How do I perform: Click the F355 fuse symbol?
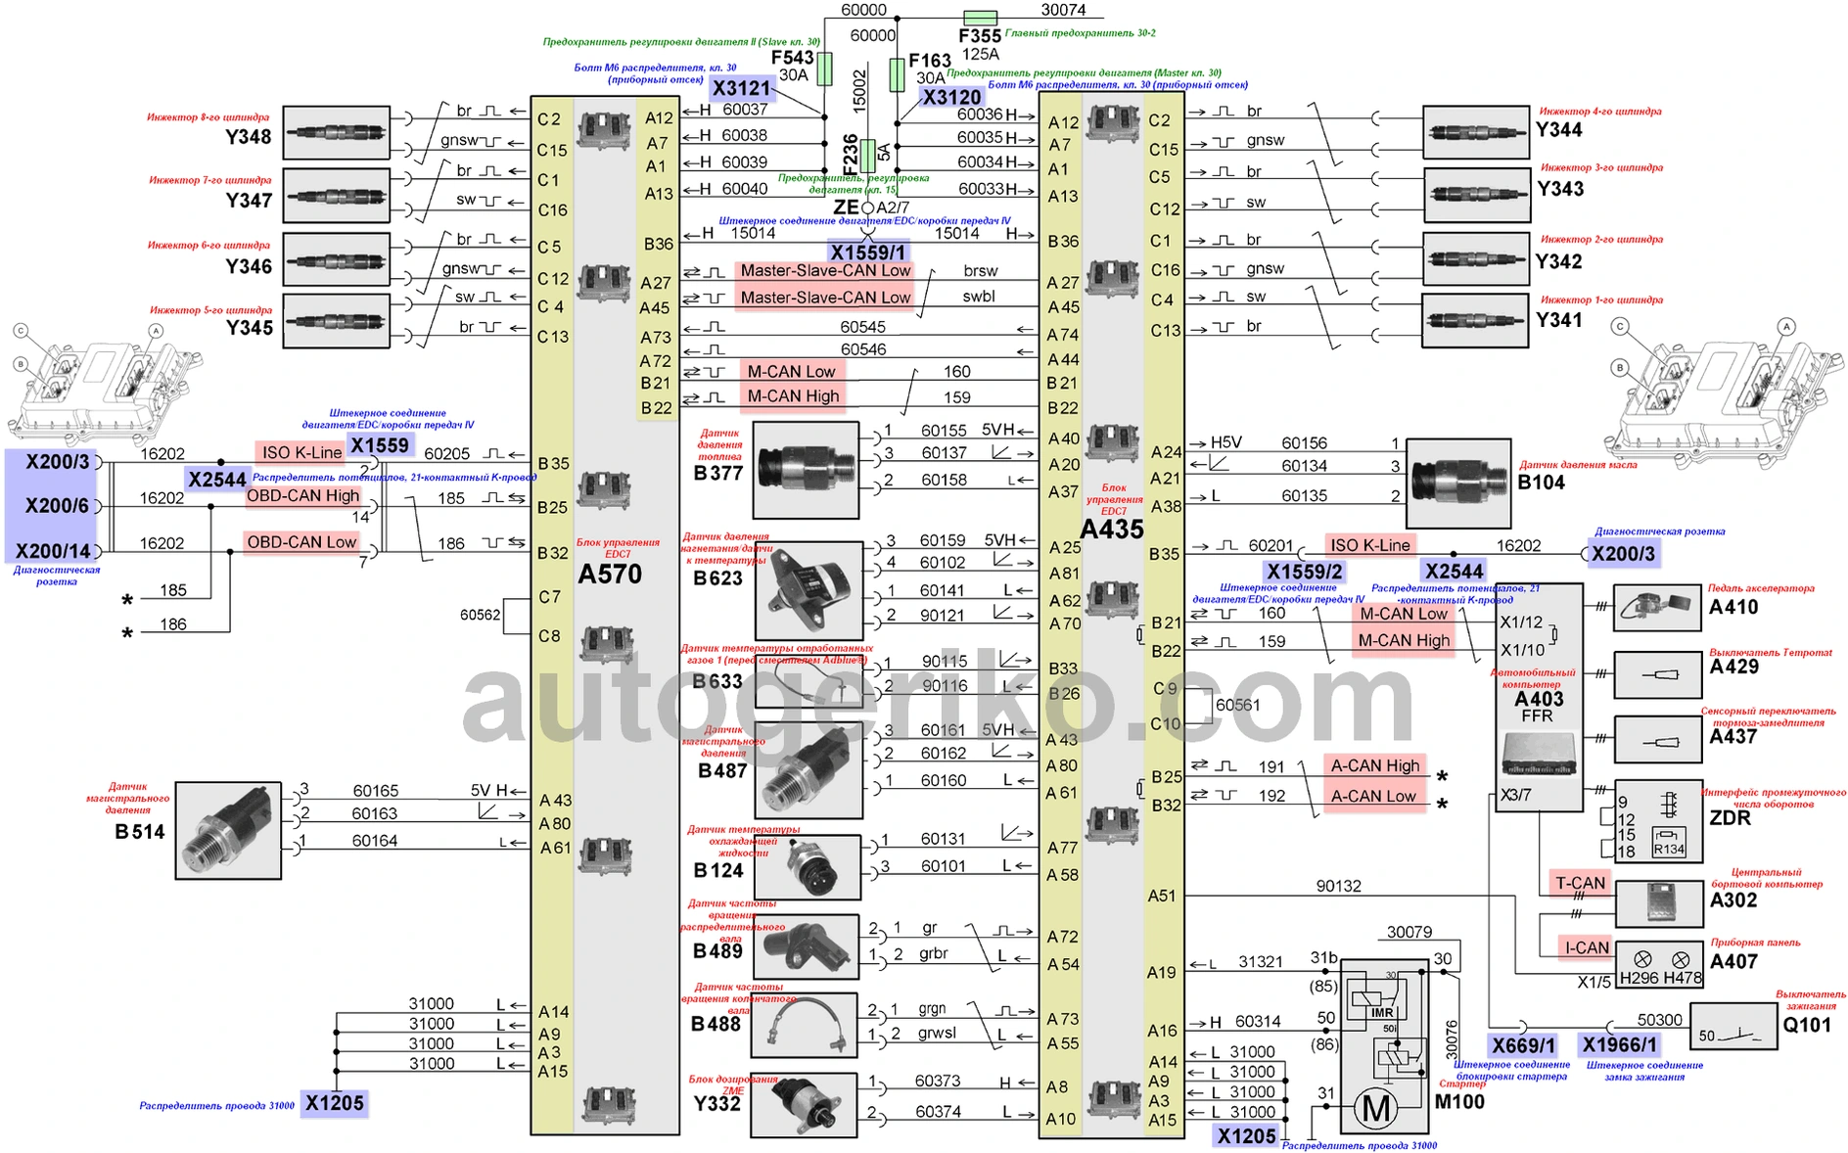[980, 18]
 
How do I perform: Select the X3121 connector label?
[742, 88]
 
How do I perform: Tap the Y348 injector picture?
[336, 133]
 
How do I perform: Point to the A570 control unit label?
[610, 574]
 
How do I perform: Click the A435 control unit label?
[1112, 530]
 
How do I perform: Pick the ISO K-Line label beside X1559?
[300, 452]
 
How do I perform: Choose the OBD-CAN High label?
[302, 495]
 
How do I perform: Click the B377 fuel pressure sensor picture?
[806, 470]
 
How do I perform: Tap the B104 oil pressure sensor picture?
[1457, 483]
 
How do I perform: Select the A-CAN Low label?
[1372, 796]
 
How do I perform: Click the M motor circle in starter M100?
[1376, 1109]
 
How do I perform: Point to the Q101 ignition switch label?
[1806, 1025]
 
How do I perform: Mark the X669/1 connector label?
[1523, 1045]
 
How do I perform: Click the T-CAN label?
[1580, 883]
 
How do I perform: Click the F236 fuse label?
[851, 154]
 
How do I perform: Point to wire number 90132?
[1338, 886]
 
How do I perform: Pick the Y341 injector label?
[1558, 320]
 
